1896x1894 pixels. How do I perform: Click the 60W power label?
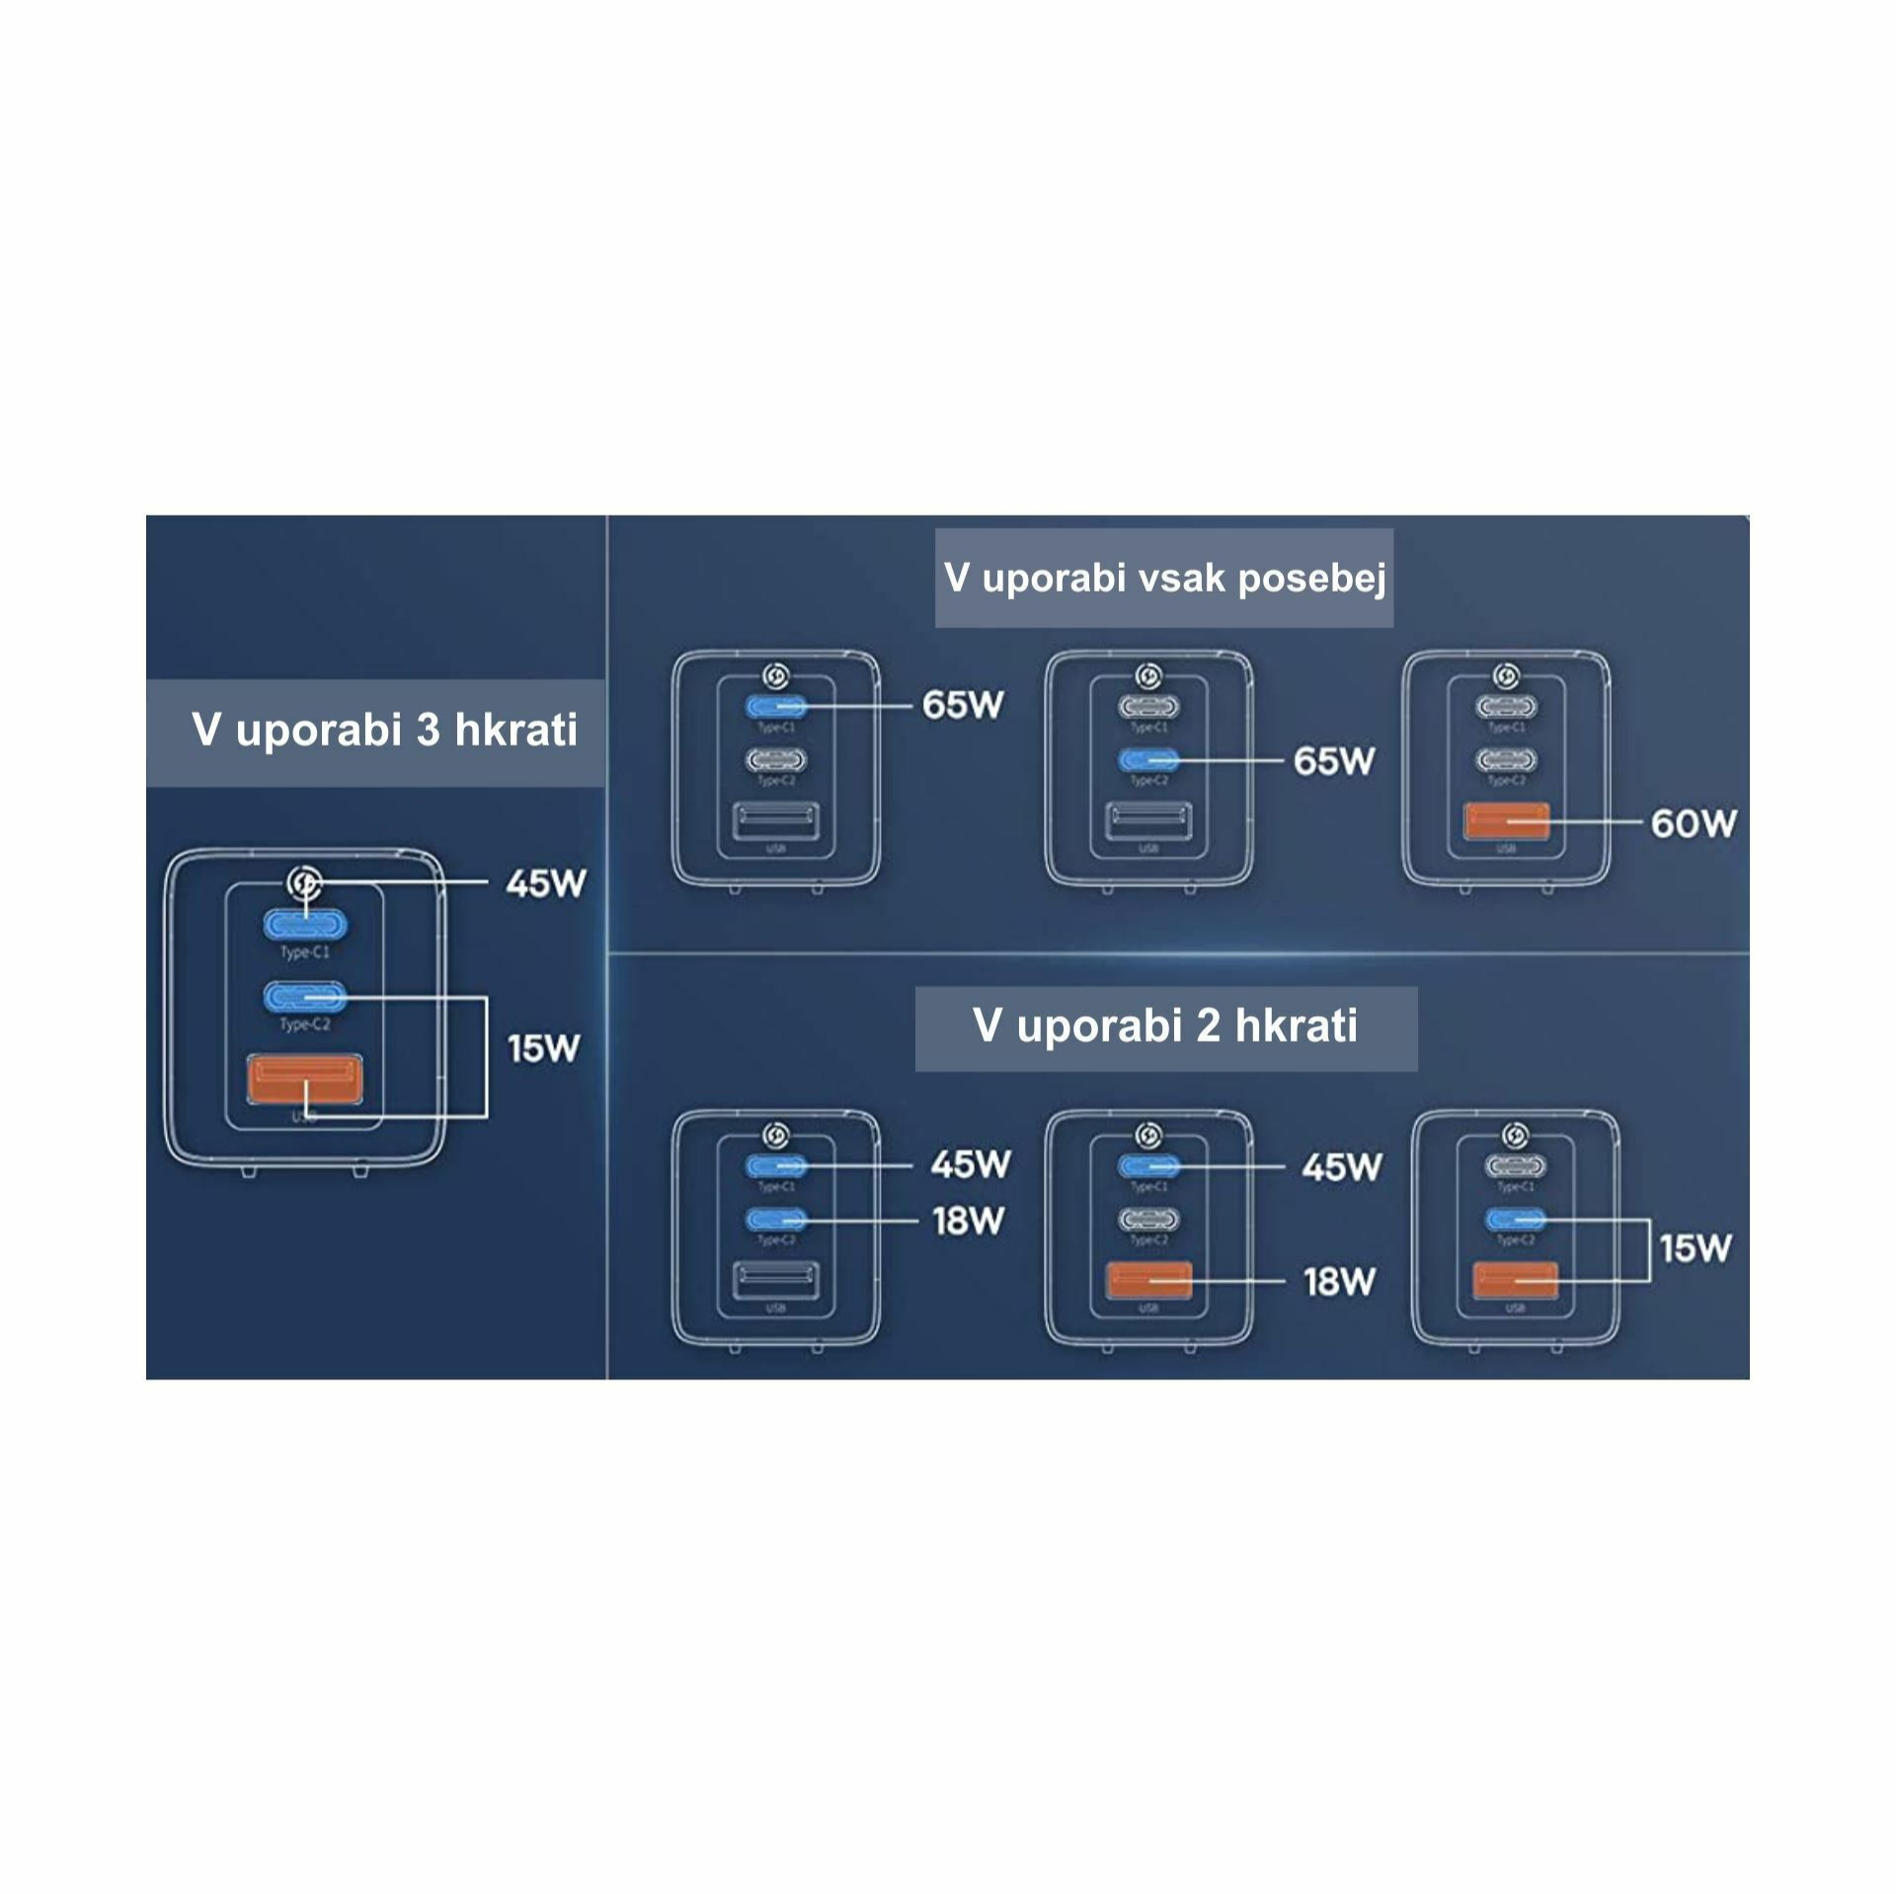point(1693,824)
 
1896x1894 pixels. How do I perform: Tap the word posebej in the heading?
point(1312,579)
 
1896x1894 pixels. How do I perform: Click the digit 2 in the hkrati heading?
point(1208,1025)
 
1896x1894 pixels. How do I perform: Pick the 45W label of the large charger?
point(545,883)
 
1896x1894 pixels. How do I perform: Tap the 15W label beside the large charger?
point(542,1048)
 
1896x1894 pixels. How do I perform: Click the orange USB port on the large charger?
point(304,1079)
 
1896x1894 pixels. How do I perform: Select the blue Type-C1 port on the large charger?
point(304,925)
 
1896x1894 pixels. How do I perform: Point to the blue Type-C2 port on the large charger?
point(304,997)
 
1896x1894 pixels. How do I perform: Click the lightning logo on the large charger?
point(304,883)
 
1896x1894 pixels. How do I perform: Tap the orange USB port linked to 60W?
point(1506,822)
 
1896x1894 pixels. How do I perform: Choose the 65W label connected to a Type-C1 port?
point(963,705)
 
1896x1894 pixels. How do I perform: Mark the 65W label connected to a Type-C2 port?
point(1334,761)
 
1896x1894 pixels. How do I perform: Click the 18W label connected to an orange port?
point(1339,1282)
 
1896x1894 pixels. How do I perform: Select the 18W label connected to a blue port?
point(968,1222)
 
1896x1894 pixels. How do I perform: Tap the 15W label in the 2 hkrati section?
point(1695,1248)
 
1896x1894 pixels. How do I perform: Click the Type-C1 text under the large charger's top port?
point(304,953)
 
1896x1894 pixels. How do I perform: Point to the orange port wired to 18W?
point(1148,1280)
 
